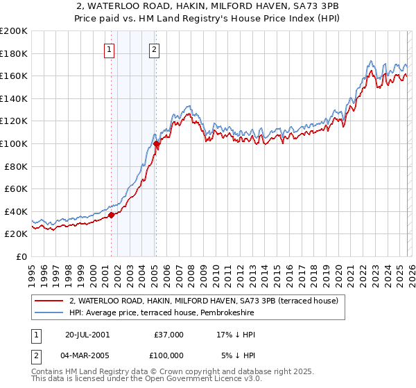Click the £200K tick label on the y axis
(14, 31)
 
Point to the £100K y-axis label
(14, 144)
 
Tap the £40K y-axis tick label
(17, 211)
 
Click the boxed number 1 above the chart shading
(110, 49)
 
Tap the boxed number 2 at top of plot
(153, 49)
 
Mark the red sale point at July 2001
(112, 215)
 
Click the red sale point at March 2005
(156, 144)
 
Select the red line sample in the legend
(49, 301)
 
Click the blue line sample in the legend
(49, 313)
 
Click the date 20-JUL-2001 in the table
(87, 335)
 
